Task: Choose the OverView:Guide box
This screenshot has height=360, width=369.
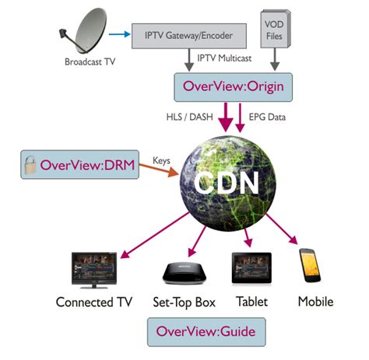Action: click(206, 332)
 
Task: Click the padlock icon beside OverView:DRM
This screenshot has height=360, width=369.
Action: click(29, 164)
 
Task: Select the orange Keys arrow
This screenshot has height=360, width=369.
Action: click(159, 166)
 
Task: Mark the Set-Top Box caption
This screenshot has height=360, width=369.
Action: click(184, 301)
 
